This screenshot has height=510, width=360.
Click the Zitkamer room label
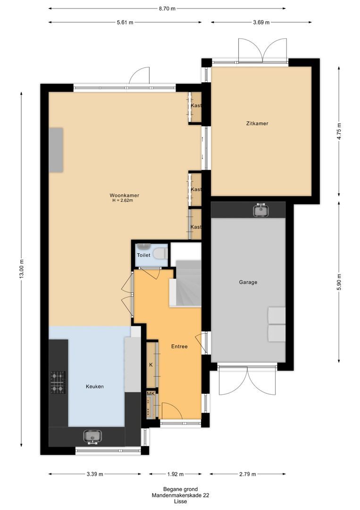tap(257, 124)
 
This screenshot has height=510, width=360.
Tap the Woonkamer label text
tap(124, 195)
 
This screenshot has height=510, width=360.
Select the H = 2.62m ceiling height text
tap(123, 201)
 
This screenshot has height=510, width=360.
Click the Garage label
tap(248, 282)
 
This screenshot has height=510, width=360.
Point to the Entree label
tap(179, 347)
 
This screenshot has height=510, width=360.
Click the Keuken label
tap(95, 386)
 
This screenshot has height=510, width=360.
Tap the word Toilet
tap(143, 255)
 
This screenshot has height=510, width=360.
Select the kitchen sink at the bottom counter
tap(93, 436)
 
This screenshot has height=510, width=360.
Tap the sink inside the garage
tap(260, 210)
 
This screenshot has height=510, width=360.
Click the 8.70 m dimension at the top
tap(167, 8)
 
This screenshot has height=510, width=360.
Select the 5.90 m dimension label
tap(339, 282)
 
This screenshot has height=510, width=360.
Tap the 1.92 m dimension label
tap(175, 474)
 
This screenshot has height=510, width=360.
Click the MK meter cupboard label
tap(151, 394)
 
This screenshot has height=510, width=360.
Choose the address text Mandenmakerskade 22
tap(180, 495)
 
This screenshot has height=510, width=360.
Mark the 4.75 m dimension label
tap(339, 131)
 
